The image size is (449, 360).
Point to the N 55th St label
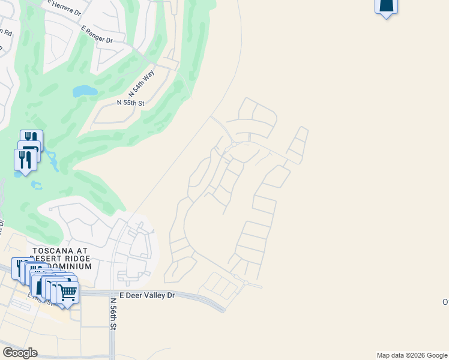[131, 103]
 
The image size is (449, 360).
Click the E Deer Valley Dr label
[146, 295]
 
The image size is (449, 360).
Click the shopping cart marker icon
[68, 293]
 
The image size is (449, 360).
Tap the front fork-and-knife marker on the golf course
[25, 160]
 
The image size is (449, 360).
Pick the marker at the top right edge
[386, 5]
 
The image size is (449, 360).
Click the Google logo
[20, 353]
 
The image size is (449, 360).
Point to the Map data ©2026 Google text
[411, 355]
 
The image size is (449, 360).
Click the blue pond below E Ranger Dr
[85, 91]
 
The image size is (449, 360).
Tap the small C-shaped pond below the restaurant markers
[37, 185]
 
